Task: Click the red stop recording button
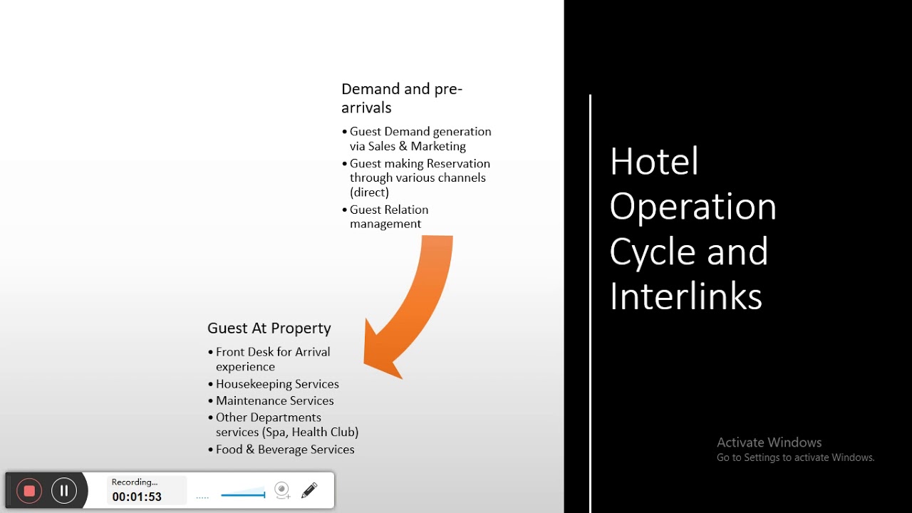click(29, 490)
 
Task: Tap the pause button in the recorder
click(64, 490)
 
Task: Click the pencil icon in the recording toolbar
click(309, 490)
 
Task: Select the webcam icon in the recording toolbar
click(282, 490)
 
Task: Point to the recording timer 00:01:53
click(137, 497)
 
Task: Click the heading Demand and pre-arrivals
click(401, 98)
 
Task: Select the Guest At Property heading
click(269, 328)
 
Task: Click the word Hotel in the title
click(653, 161)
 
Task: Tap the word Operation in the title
click(693, 206)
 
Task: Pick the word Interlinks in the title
click(685, 296)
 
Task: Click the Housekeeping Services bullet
click(277, 384)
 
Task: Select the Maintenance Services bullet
click(274, 401)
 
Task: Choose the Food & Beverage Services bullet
click(285, 450)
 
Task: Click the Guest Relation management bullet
click(388, 217)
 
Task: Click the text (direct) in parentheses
click(369, 192)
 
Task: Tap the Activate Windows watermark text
click(769, 442)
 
